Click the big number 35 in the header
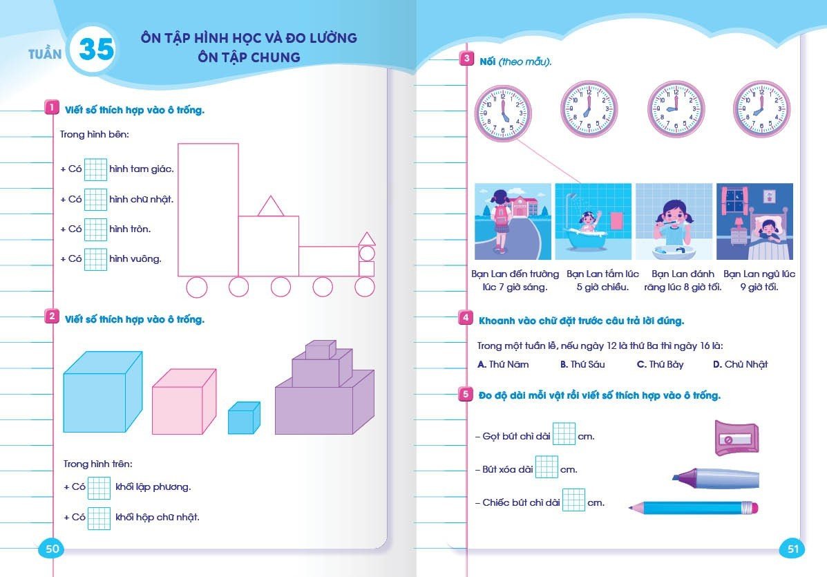[x=96, y=49]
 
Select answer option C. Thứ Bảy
[x=660, y=364]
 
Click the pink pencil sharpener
[x=737, y=438]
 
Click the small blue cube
[x=244, y=417]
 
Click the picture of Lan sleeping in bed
[x=754, y=221]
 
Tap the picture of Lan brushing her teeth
[x=674, y=221]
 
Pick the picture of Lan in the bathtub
[x=593, y=221]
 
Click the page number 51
[x=792, y=549]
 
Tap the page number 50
[x=53, y=549]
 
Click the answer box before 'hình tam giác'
[x=96, y=169]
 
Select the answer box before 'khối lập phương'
[x=99, y=487]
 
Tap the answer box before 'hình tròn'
[x=96, y=229]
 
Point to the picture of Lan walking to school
[x=513, y=221]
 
